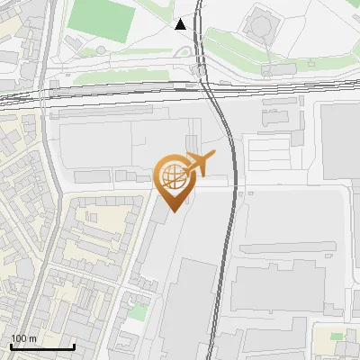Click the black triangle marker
point(182,24)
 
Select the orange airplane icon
point(200,163)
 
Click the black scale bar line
point(41,347)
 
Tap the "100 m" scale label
point(23,338)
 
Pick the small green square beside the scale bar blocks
point(137,311)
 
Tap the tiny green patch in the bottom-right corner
point(337,336)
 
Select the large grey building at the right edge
point(340,144)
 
